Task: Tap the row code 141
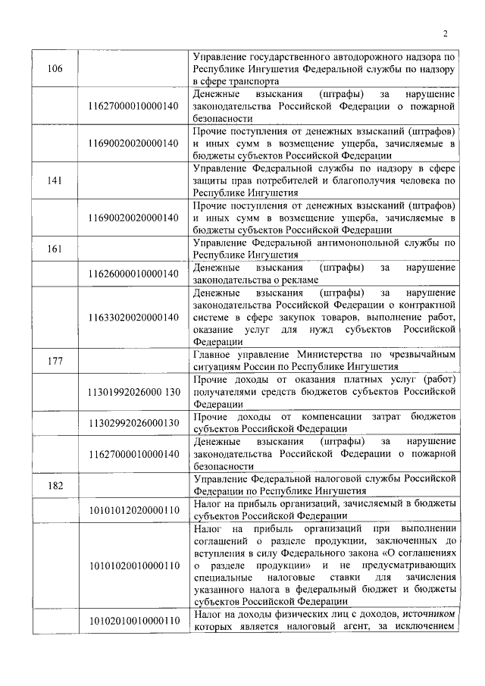(x=55, y=180)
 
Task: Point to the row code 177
(x=55, y=360)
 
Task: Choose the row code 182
(x=55, y=485)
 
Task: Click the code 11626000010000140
(x=133, y=273)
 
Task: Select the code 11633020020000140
(x=133, y=316)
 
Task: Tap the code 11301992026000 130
(x=134, y=391)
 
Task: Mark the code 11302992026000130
(x=133, y=422)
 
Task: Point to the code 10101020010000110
(x=133, y=565)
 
